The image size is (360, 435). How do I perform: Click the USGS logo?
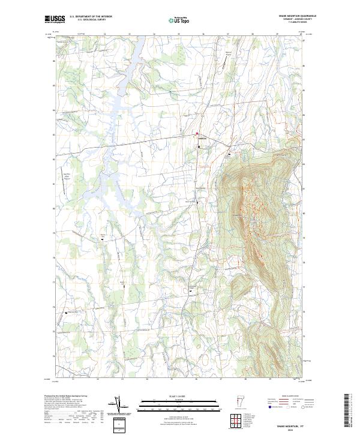(x=55, y=19)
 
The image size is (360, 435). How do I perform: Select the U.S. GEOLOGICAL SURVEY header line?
(x=88, y=19)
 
